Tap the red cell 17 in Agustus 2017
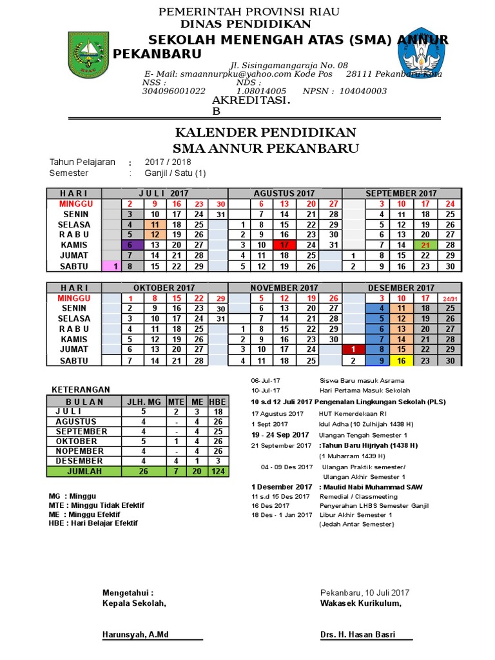click(x=284, y=245)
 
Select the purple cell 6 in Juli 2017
click(x=131, y=245)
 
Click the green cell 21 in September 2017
click(x=425, y=245)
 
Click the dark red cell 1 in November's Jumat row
click(x=353, y=349)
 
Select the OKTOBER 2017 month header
click(x=155, y=287)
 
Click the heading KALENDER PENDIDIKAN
click(x=266, y=133)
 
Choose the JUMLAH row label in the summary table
click(x=84, y=472)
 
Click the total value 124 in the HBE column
click(x=218, y=472)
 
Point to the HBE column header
click(x=218, y=402)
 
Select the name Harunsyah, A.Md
click(x=135, y=635)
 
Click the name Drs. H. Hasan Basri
click(x=358, y=635)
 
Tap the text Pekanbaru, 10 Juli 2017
click(x=365, y=593)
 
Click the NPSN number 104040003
click(x=362, y=92)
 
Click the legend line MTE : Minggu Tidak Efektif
click(x=97, y=505)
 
